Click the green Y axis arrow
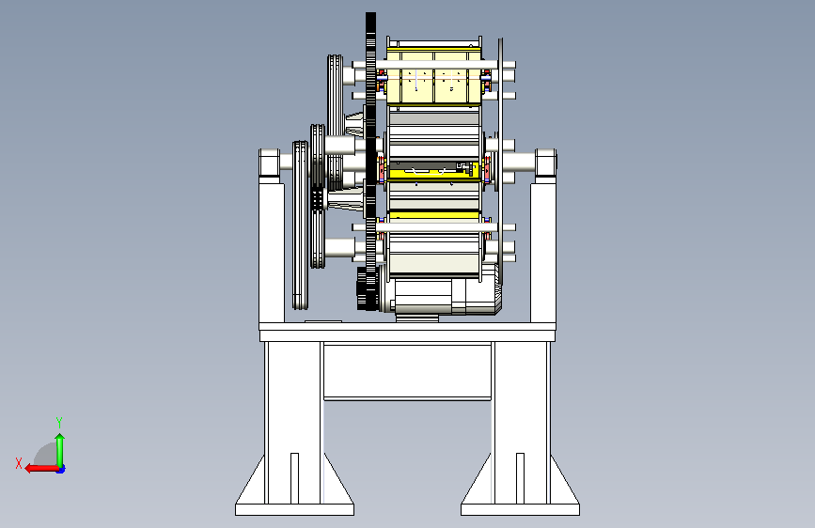click(60, 450)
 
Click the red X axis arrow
click(41, 468)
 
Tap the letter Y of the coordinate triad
click(59, 422)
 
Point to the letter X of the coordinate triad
click(19, 463)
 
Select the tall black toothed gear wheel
click(370, 161)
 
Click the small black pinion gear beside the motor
click(361, 288)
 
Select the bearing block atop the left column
click(270, 163)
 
